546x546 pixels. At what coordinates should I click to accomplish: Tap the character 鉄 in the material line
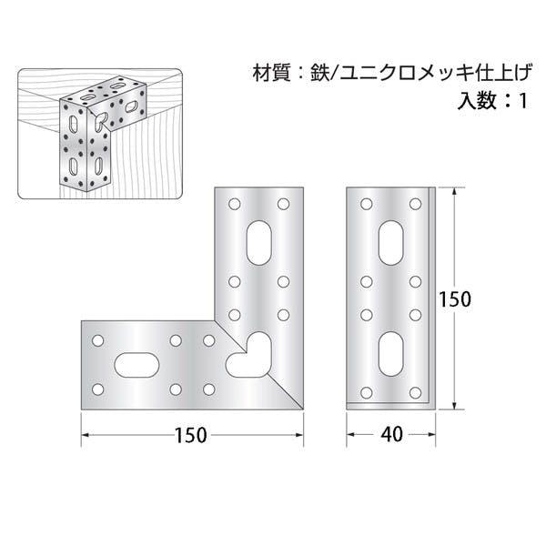click(x=320, y=71)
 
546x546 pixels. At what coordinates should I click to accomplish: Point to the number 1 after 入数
click(x=521, y=101)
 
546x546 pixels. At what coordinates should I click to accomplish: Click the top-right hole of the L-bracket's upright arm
click(x=282, y=202)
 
